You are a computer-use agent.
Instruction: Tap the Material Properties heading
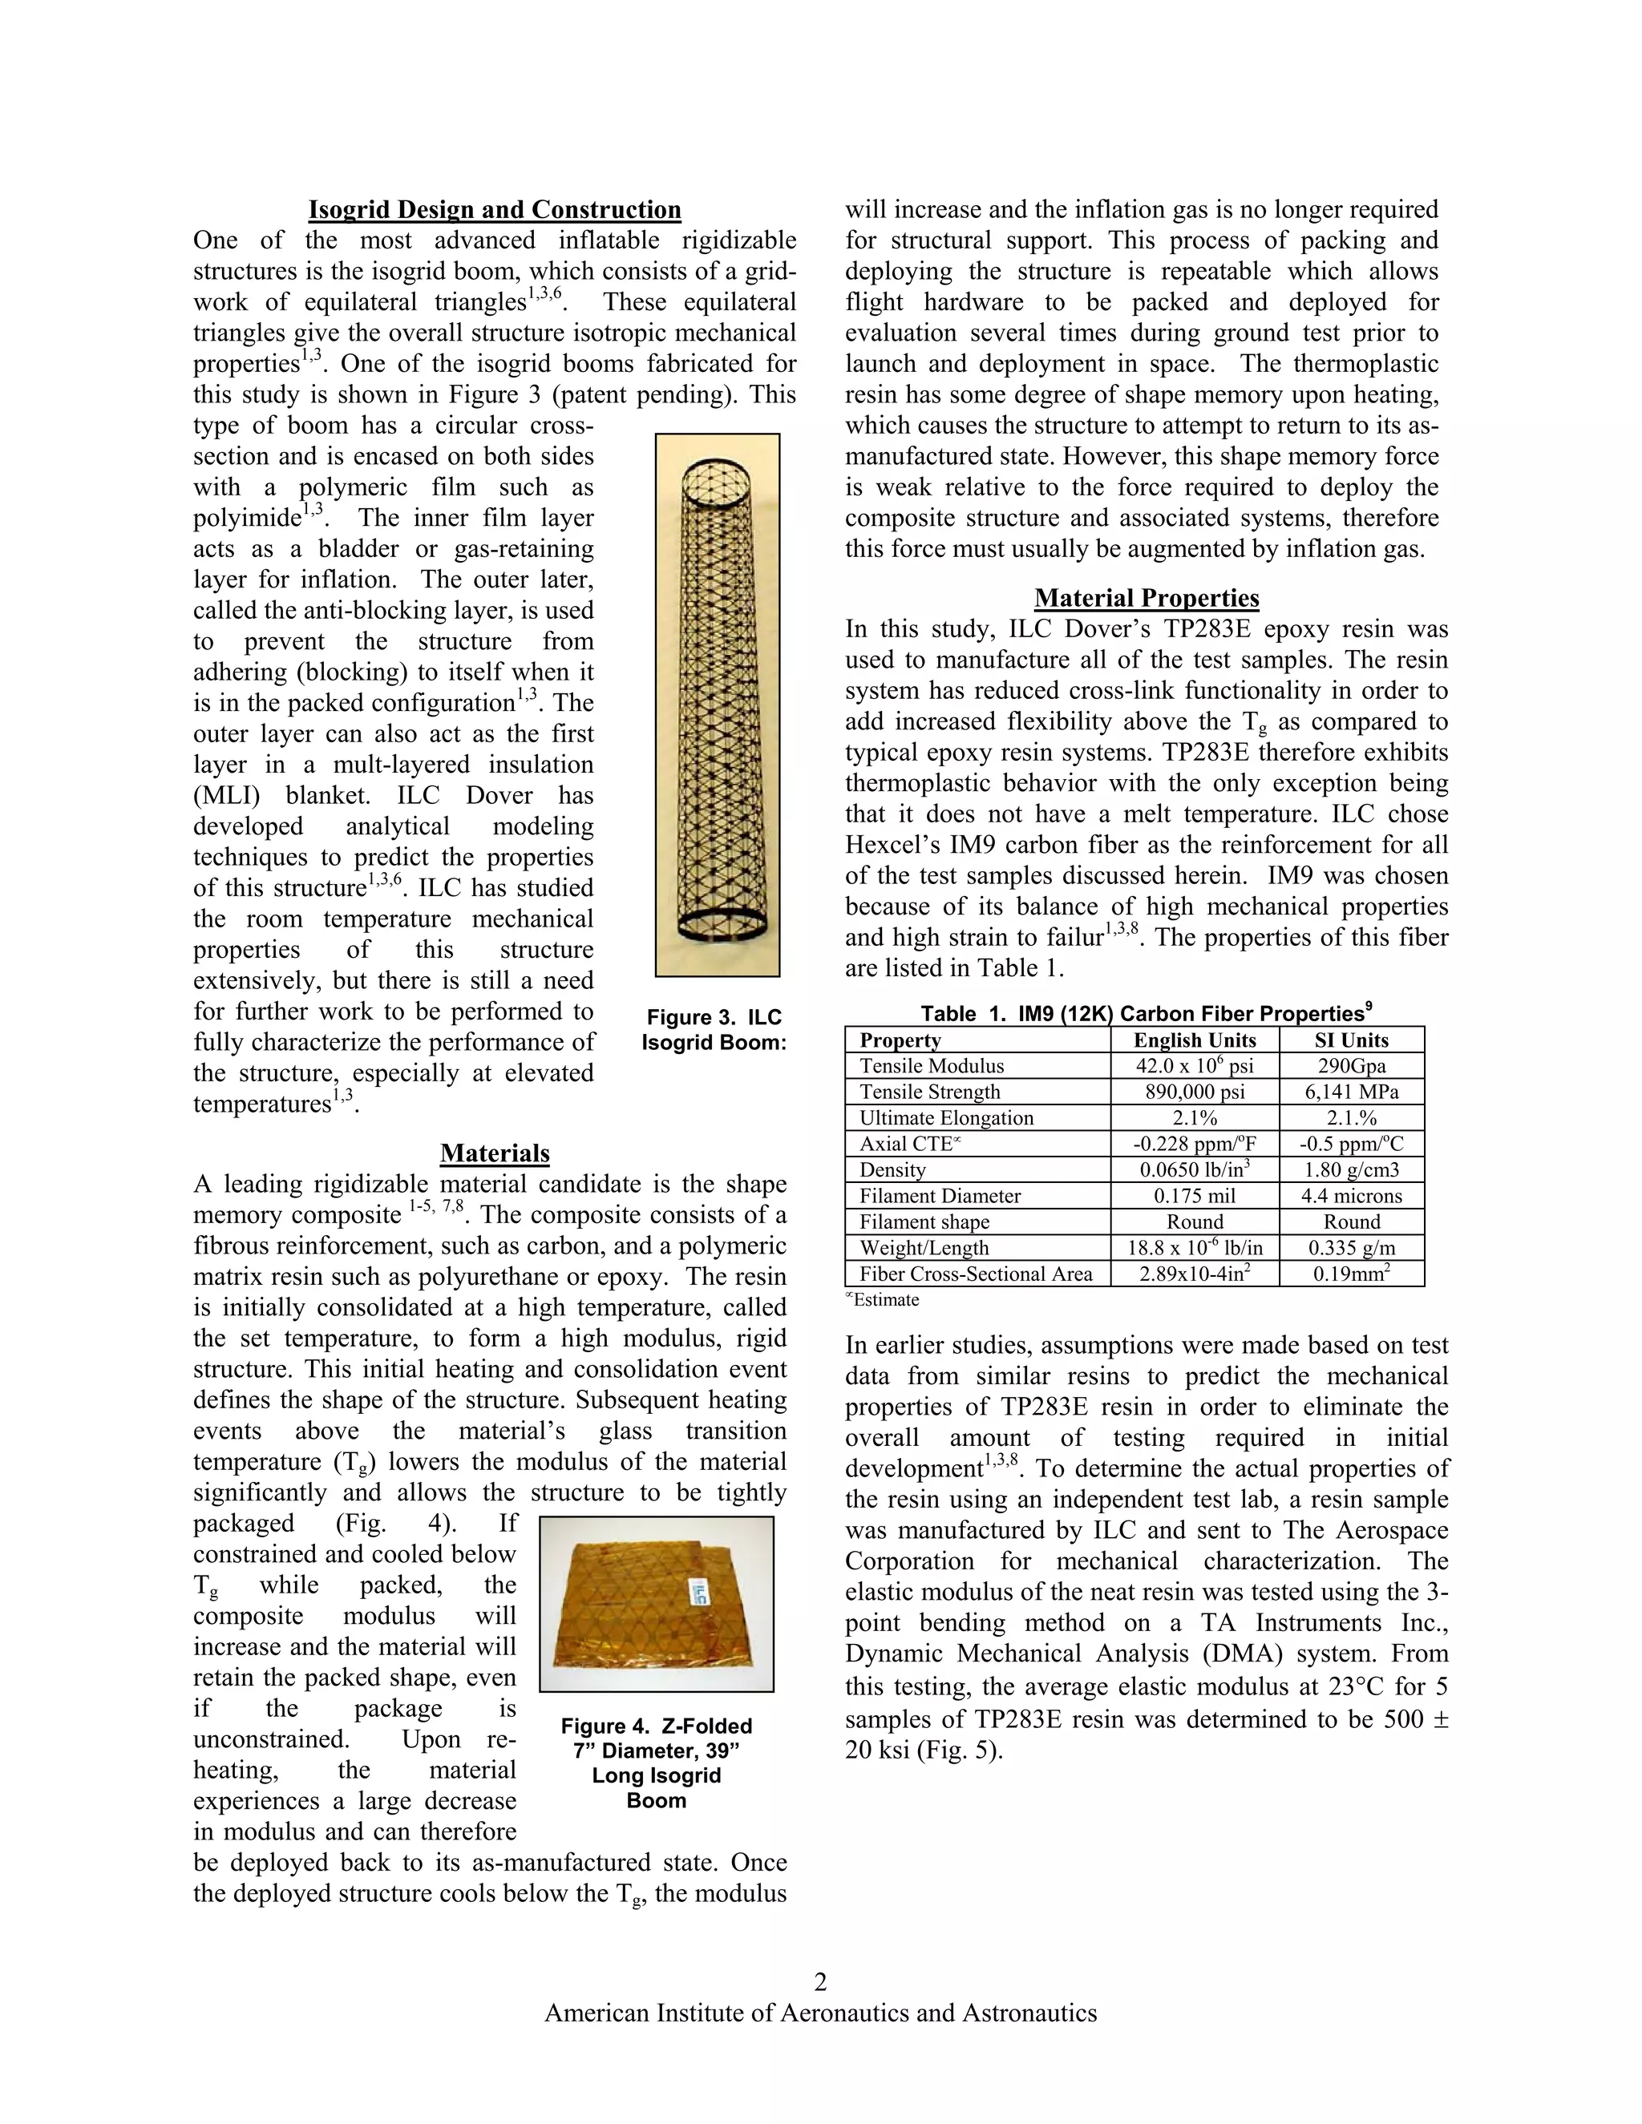tap(1146, 598)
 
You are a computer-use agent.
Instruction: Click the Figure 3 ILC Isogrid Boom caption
tap(714, 1030)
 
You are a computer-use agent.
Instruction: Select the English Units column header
tap(1195, 1040)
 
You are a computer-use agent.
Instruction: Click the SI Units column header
tap(1351, 1040)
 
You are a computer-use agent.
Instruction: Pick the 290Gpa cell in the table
tap(1351, 1066)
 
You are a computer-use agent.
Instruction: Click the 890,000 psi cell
tap(1195, 1092)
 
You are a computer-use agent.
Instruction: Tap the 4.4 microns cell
tap(1351, 1196)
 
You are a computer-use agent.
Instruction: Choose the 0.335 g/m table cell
tap(1351, 1248)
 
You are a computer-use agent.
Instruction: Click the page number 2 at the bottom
tap(820, 1982)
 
